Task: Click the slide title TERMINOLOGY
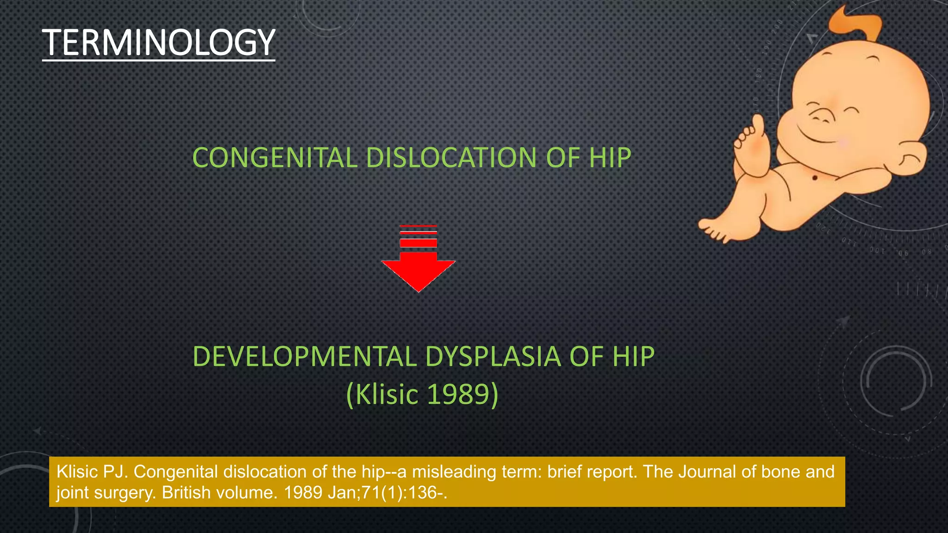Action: (x=159, y=43)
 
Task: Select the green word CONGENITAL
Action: (x=274, y=158)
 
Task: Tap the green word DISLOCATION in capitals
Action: (x=451, y=158)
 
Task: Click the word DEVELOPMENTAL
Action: (x=305, y=357)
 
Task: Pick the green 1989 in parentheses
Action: (x=458, y=394)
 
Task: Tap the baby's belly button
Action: (x=815, y=178)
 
